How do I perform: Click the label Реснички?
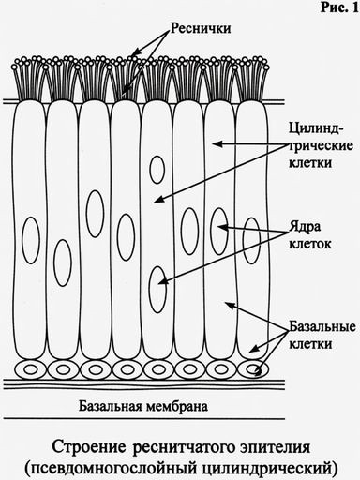point(201,29)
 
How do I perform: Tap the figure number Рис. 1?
point(339,7)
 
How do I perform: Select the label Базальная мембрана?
point(143,407)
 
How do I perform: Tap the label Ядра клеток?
point(309,235)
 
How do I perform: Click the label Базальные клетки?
point(322,335)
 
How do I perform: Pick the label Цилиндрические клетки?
point(321,145)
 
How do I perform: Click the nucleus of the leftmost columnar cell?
point(31,240)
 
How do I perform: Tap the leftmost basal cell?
point(31,369)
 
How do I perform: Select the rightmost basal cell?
point(253,369)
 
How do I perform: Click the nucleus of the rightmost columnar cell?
point(251,241)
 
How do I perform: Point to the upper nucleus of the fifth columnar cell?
point(157,170)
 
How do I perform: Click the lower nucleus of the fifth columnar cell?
point(157,290)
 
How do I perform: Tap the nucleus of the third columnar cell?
point(95,214)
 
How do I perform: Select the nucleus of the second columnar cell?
point(63,262)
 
